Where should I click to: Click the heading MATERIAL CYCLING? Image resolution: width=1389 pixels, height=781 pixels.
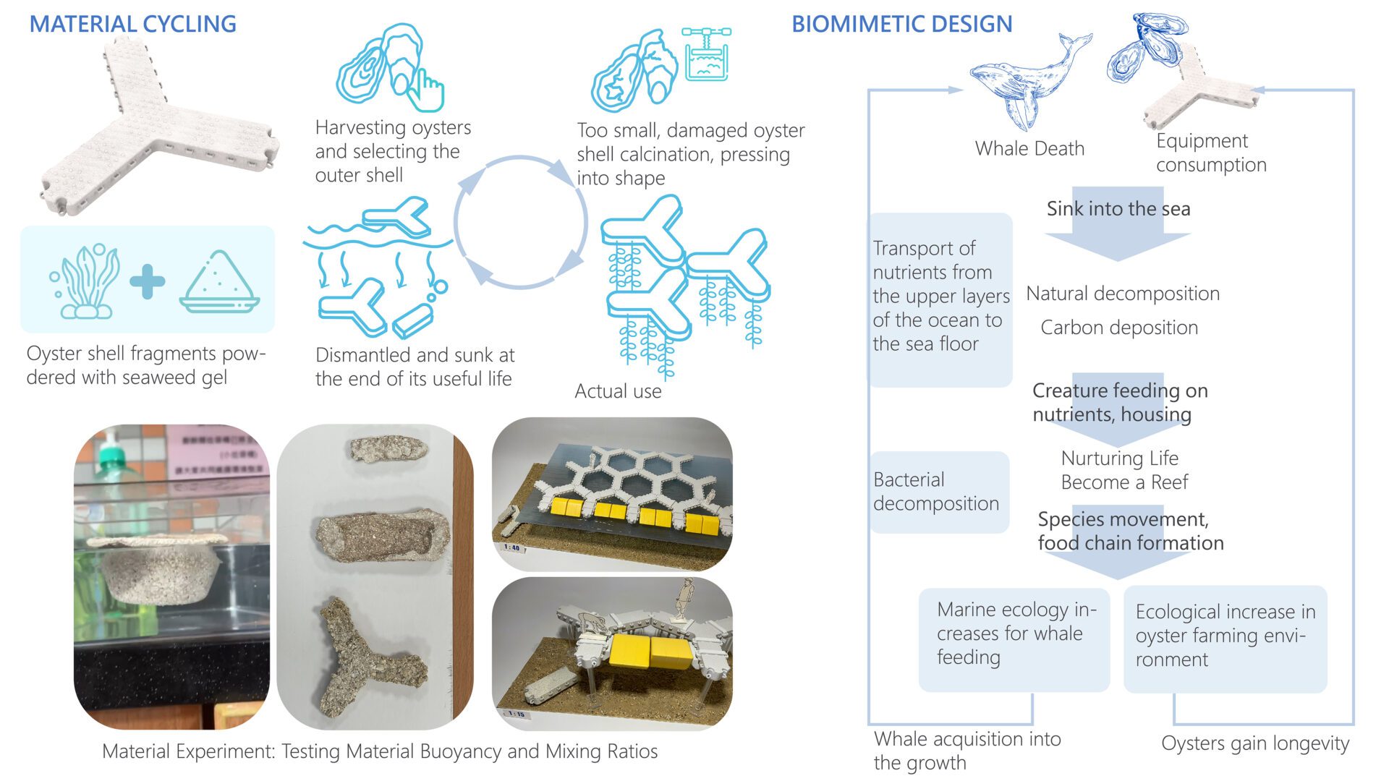coord(132,24)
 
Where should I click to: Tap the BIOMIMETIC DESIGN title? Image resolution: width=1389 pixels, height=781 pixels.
coord(901,24)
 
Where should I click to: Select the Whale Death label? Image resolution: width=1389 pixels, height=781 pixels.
coord(1029,149)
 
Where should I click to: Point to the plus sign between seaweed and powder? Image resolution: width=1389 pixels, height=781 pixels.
coord(148,281)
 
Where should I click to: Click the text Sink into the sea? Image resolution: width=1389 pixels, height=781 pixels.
coord(1118,209)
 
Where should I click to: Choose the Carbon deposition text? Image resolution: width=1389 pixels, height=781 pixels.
coord(1119,328)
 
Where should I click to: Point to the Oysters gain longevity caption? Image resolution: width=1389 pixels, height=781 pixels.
coord(1255,743)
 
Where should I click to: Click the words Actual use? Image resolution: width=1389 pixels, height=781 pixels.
coord(618,391)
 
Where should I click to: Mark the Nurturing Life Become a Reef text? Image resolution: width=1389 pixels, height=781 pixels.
coord(1123,470)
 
